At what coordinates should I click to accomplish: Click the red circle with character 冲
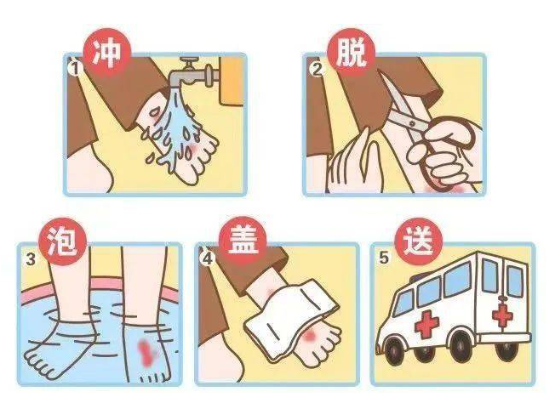[x=106, y=53]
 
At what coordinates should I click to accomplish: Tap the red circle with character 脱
[x=351, y=53]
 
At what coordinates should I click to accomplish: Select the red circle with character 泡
[x=63, y=241]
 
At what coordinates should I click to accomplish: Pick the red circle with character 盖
[x=243, y=241]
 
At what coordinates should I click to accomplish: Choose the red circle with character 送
[x=418, y=241]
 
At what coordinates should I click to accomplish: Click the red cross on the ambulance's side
[x=426, y=323]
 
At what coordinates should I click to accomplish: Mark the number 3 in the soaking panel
[x=31, y=260]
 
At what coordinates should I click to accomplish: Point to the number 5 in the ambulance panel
[x=383, y=258]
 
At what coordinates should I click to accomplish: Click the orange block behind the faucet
[x=232, y=81]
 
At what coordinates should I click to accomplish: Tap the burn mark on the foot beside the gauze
[x=310, y=336]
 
